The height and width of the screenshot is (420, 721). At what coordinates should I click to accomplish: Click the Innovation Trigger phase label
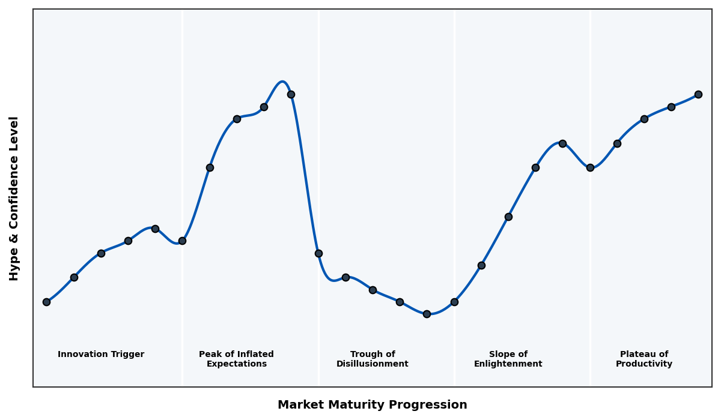click(101, 355)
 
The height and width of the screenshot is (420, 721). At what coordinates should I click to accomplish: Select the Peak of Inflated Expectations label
click(236, 359)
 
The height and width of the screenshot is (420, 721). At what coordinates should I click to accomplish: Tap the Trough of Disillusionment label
click(373, 359)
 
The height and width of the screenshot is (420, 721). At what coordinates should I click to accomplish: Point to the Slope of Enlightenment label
click(508, 359)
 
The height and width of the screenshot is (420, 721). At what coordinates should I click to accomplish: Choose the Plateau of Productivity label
click(644, 359)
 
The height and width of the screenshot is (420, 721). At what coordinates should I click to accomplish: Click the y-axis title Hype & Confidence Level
click(14, 198)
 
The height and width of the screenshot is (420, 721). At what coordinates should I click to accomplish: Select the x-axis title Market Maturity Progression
click(372, 405)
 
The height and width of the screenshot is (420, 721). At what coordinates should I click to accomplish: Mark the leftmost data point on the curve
click(46, 302)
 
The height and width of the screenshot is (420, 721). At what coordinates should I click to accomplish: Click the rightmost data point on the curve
click(698, 94)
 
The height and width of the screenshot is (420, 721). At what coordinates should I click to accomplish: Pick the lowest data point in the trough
click(427, 314)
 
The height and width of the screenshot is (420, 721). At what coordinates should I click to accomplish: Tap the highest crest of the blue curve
click(282, 82)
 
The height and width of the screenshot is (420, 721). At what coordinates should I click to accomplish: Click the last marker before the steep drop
click(291, 94)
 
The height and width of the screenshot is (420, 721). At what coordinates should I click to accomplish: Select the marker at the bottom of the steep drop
click(318, 253)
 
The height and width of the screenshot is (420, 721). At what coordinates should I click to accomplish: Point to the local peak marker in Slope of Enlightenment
click(562, 143)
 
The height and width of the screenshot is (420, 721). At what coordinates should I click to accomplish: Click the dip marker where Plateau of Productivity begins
click(590, 167)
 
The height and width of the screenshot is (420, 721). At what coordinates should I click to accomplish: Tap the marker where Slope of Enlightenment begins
click(454, 302)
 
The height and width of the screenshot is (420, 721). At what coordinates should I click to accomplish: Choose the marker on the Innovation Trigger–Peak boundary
click(182, 241)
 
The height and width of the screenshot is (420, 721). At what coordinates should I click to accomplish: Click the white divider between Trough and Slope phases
click(454, 180)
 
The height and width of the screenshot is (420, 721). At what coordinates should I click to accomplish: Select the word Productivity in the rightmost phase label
click(644, 364)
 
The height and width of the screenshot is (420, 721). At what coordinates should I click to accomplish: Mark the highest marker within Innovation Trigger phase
click(155, 229)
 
